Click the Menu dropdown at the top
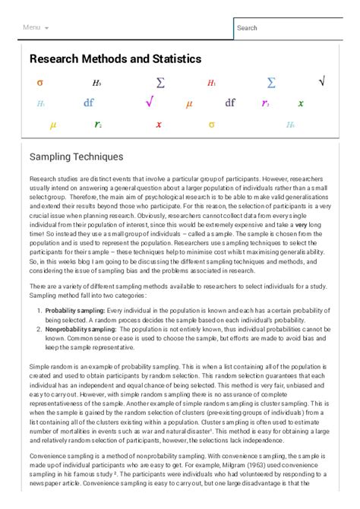pyautogui.click(x=36, y=27)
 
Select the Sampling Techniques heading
pyautogui.click(x=76, y=156)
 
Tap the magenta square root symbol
pyautogui.click(x=149, y=103)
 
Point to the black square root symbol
pyautogui.click(x=322, y=81)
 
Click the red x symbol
pyautogui.click(x=159, y=125)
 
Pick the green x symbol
pyautogui.click(x=301, y=103)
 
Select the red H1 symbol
pyautogui.click(x=211, y=83)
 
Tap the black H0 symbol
pyautogui.click(x=96, y=83)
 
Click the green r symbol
pyautogui.click(x=98, y=125)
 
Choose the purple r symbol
pyautogui.click(x=265, y=103)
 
